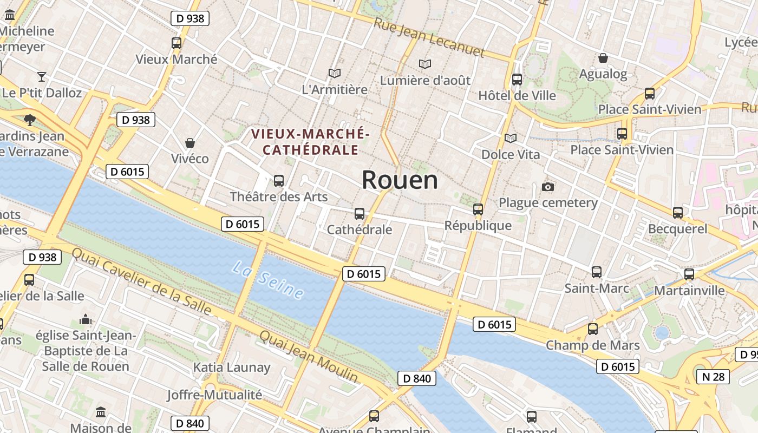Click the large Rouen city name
click(x=400, y=180)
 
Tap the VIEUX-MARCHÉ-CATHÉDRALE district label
click(x=310, y=142)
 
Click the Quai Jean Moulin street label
click(x=309, y=356)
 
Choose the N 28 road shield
click(x=713, y=377)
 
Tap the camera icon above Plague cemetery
click(x=548, y=187)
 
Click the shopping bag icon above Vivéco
click(x=190, y=143)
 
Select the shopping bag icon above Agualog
click(x=603, y=58)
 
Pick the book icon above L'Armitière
click(x=335, y=73)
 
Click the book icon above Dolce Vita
click(x=511, y=138)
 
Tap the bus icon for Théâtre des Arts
click(x=279, y=180)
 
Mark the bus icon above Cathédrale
click(x=360, y=213)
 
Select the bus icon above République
click(x=478, y=209)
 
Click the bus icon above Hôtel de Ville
click(x=517, y=79)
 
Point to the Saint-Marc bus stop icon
click(x=597, y=272)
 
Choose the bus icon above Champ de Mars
click(x=593, y=329)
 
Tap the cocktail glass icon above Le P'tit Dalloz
click(x=42, y=76)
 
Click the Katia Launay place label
click(x=232, y=368)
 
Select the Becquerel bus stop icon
click(x=678, y=212)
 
